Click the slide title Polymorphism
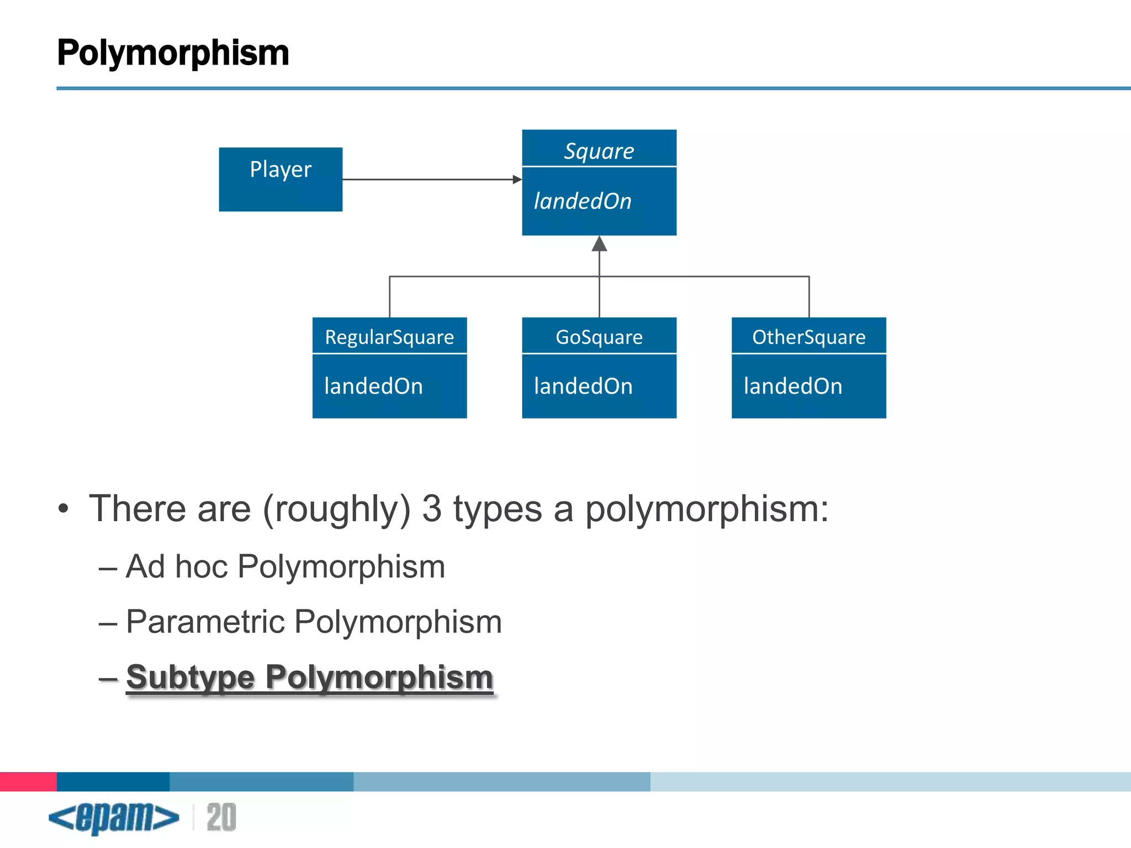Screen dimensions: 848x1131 [x=173, y=53]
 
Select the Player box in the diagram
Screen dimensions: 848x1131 [x=281, y=179]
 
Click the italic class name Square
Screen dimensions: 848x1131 [x=599, y=151]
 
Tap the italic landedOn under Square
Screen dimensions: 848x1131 [x=583, y=201]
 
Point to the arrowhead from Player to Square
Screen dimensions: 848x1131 [x=517, y=179]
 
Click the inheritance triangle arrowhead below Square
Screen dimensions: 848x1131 [x=599, y=244]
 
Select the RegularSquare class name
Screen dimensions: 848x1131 [x=389, y=337]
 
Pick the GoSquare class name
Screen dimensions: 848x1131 [x=599, y=337]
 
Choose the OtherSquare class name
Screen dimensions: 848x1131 [x=808, y=337]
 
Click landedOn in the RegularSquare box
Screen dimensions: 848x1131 [x=373, y=386]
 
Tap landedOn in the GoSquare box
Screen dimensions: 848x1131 [x=583, y=386]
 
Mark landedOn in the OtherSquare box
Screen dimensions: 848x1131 [x=793, y=386]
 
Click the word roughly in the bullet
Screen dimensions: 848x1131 [x=337, y=509]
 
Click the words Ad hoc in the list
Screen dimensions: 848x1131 [x=177, y=566]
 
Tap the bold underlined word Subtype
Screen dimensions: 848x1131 [x=191, y=677]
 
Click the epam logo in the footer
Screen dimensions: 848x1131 [x=114, y=817]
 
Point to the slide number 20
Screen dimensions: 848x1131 [x=221, y=817]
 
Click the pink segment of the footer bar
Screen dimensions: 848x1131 [x=28, y=781]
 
